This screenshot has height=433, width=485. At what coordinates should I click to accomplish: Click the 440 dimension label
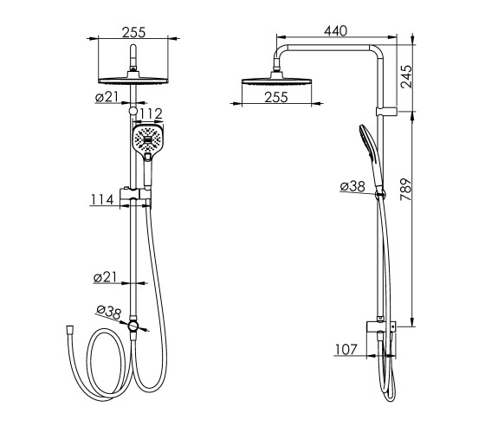(336, 30)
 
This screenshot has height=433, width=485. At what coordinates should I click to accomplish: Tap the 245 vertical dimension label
(406, 77)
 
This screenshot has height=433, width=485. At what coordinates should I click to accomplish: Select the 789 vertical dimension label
(406, 190)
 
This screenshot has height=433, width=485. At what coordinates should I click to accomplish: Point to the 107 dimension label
(346, 350)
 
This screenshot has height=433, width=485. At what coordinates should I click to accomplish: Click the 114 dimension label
(102, 200)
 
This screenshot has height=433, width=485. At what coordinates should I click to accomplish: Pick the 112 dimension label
(151, 114)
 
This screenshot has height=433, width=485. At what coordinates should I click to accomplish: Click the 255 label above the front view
(133, 33)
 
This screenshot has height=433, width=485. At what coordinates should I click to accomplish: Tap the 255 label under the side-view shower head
(276, 97)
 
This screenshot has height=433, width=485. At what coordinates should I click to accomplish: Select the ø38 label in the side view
(352, 186)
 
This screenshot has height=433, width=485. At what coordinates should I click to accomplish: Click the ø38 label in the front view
(108, 312)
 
